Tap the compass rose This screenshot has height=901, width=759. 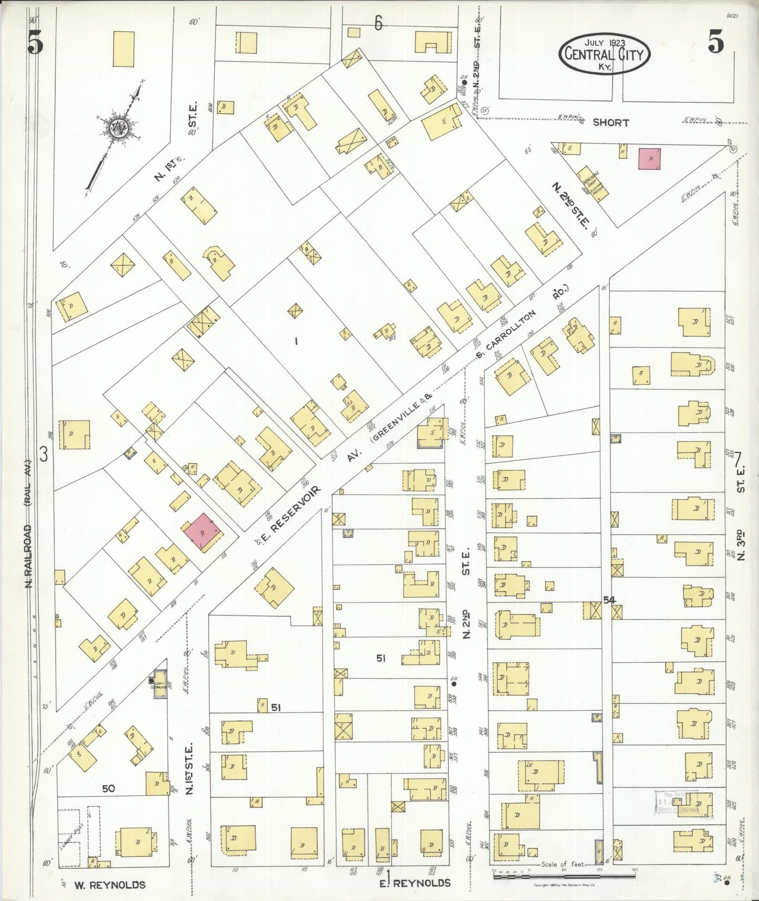click(x=118, y=128)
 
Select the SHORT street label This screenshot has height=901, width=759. click(x=610, y=122)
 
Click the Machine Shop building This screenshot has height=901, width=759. click(x=594, y=184)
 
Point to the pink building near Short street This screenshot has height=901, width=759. click(x=650, y=158)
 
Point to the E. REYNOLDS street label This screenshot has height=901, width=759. click(x=415, y=882)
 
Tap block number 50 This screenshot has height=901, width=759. click(x=108, y=789)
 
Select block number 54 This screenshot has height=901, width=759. click(x=609, y=599)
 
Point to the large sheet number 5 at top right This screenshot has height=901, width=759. click(x=715, y=42)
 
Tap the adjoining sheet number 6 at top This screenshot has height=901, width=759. click(x=378, y=23)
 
